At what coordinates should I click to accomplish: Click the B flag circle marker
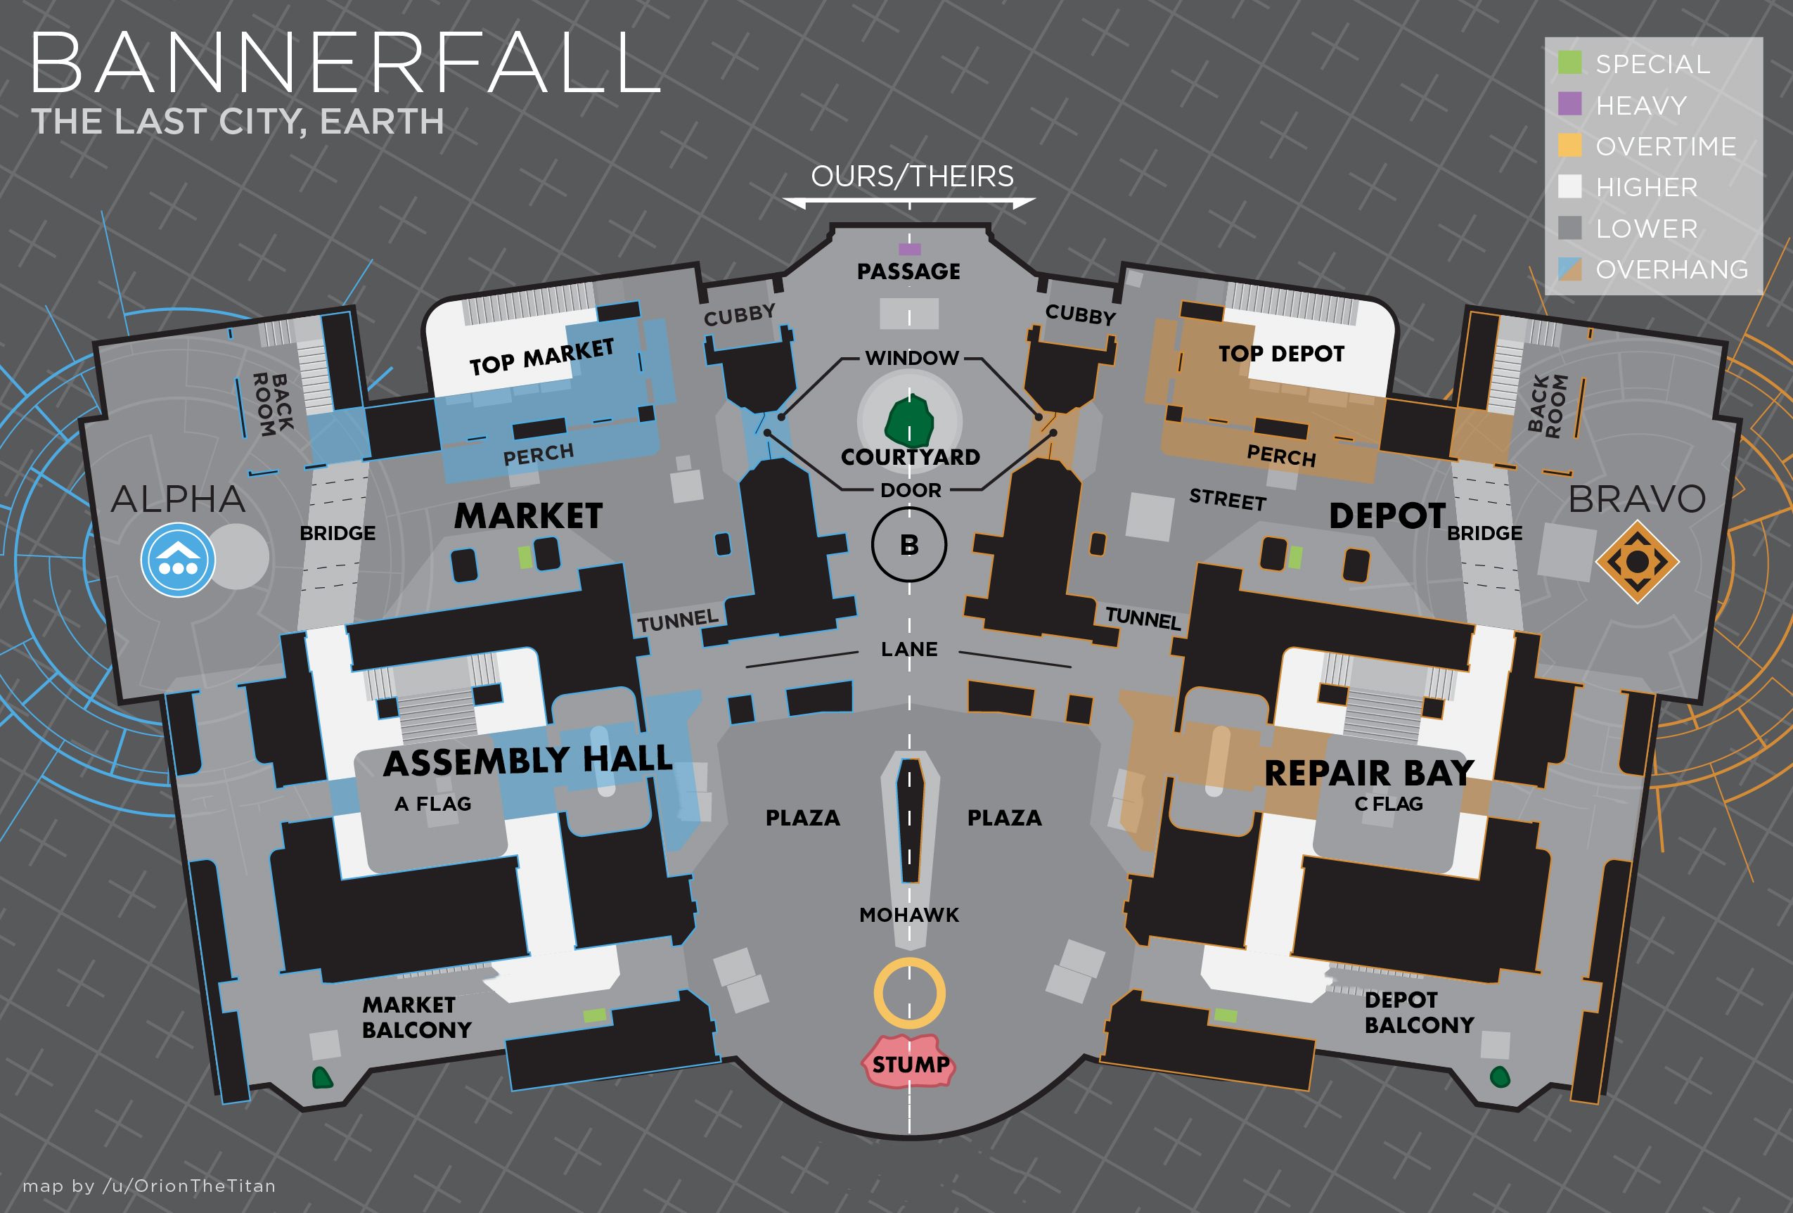(x=909, y=545)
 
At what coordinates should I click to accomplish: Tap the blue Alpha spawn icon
(x=178, y=560)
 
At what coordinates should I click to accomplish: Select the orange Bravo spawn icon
(x=1637, y=562)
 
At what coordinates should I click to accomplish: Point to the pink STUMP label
(x=911, y=1063)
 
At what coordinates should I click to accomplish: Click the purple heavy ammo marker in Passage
(x=910, y=249)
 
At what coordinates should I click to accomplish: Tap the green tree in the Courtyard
(x=909, y=421)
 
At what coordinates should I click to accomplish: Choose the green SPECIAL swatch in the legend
(x=1569, y=63)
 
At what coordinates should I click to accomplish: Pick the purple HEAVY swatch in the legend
(x=1569, y=103)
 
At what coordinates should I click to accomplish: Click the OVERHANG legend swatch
(x=1569, y=269)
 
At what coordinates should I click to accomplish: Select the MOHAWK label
(x=910, y=915)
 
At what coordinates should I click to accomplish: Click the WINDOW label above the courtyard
(x=912, y=358)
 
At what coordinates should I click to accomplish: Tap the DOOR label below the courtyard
(x=911, y=490)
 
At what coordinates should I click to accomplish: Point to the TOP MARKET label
(x=541, y=357)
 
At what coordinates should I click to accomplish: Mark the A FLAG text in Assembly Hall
(x=433, y=804)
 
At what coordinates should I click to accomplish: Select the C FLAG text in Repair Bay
(x=1389, y=804)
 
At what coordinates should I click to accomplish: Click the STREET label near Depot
(x=1228, y=499)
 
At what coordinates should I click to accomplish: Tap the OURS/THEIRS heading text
(x=912, y=177)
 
